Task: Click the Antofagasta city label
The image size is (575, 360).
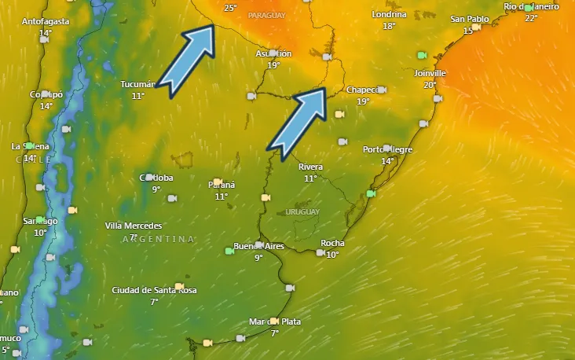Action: tap(46, 21)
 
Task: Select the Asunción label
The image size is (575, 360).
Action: tap(273, 53)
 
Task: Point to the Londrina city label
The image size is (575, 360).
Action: tap(390, 14)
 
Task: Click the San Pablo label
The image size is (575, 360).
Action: tap(470, 19)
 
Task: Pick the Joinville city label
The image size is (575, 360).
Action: tap(429, 73)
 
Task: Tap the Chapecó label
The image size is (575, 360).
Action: tap(362, 90)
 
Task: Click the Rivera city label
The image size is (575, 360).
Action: tap(310, 167)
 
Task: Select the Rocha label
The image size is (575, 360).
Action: tap(332, 243)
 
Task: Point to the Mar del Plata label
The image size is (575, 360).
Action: tap(274, 321)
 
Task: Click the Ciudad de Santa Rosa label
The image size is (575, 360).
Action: tap(154, 290)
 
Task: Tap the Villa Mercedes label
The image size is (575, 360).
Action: tap(134, 226)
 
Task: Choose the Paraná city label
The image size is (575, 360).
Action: tap(221, 184)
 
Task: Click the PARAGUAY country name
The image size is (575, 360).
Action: tap(266, 15)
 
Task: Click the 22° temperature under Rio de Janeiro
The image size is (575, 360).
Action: tap(532, 18)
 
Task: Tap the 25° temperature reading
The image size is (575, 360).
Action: tap(230, 8)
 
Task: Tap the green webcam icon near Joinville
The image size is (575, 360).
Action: tap(422, 55)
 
